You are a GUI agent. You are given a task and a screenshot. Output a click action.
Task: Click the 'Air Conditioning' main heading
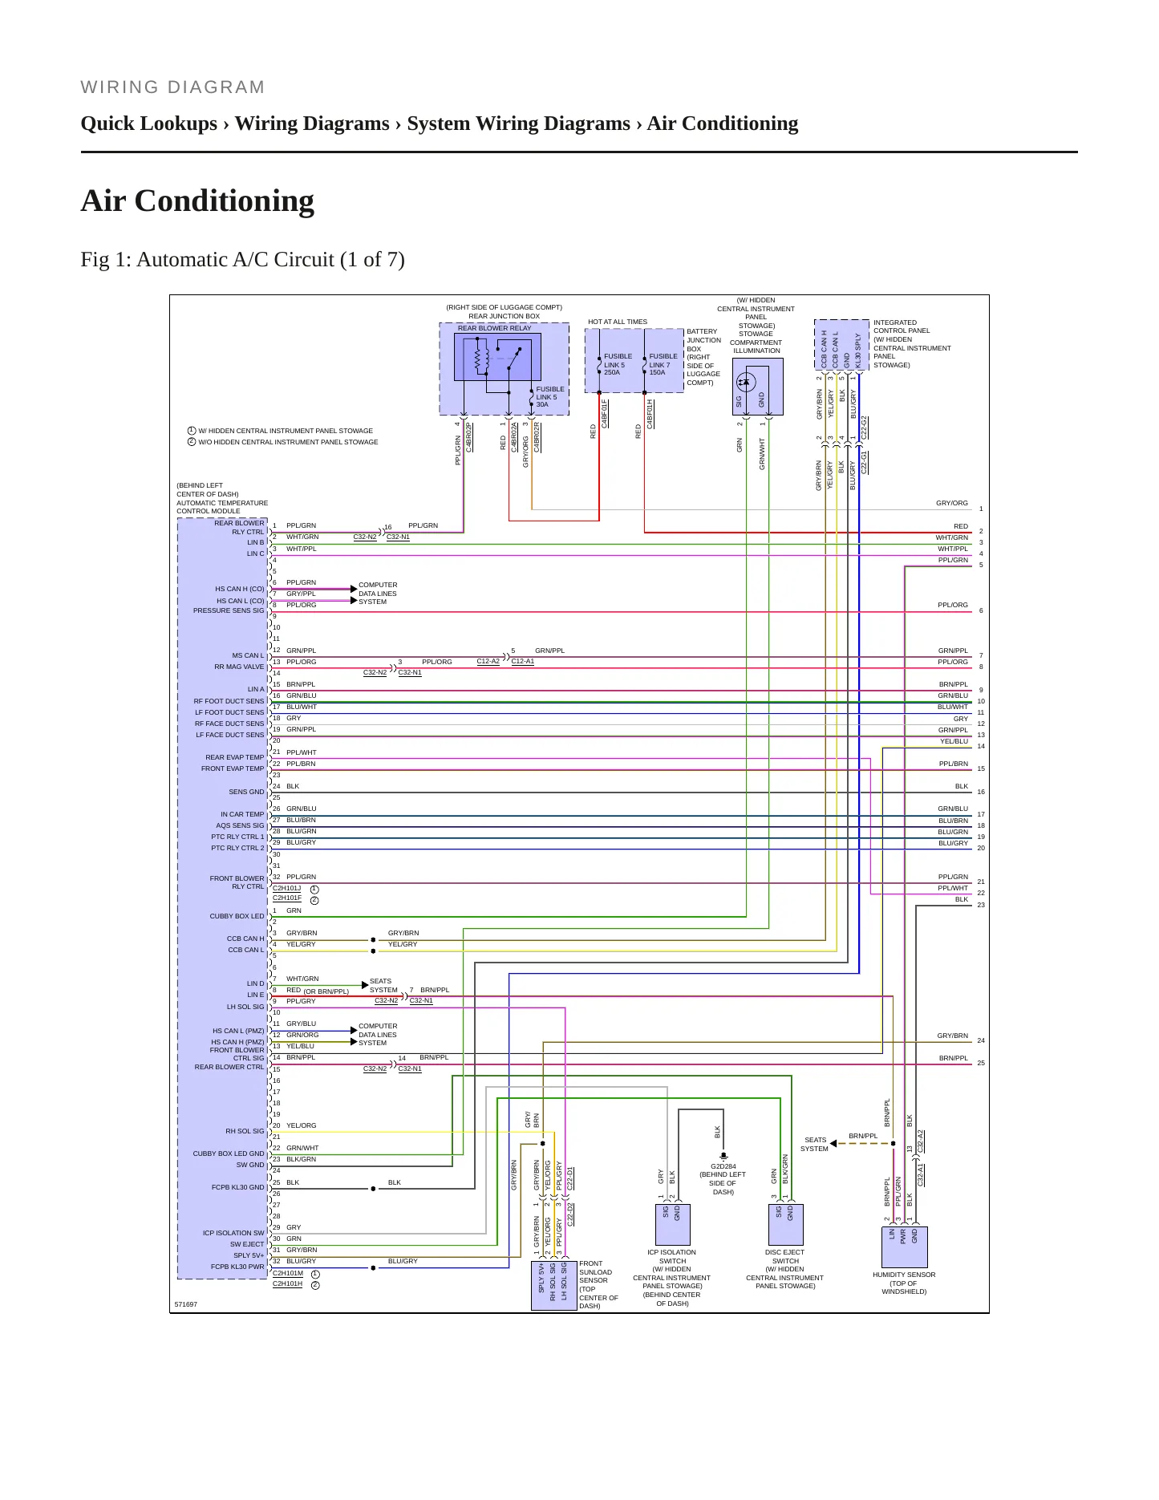(x=197, y=201)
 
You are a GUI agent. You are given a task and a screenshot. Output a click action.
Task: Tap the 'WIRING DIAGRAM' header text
(x=173, y=87)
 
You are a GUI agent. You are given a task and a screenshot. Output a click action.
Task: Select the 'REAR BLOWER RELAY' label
(x=494, y=328)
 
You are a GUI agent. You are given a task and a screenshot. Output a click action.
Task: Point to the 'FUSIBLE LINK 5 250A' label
(x=618, y=364)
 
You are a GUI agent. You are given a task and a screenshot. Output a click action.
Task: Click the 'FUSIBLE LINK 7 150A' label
(x=663, y=364)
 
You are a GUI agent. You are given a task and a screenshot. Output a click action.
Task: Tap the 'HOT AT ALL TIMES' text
(x=618, y=322)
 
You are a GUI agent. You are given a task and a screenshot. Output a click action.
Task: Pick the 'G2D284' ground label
(x=723, y=1166)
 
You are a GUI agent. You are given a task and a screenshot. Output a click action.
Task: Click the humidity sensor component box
(x=904, y=1247)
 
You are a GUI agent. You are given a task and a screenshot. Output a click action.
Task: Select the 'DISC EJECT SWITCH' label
(x=785, y=1256)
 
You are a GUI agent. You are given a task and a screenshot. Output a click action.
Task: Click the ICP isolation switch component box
(x=672, y=1224)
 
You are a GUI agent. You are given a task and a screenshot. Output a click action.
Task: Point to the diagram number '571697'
(x=186, y=1304)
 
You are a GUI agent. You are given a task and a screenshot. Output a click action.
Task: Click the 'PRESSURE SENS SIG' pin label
(x=229, y=610)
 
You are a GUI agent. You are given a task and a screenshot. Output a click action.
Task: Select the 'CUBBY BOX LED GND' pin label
(x=229, y=1153)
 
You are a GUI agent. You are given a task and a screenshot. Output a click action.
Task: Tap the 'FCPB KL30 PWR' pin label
(x=237, y=1267)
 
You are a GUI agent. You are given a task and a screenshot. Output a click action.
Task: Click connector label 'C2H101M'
(x=288, y=1273)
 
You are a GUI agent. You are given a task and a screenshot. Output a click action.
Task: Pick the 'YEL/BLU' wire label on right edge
(x=954, y=741)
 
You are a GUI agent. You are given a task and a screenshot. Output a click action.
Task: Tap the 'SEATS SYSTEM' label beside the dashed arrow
(x=814, y=1144)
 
